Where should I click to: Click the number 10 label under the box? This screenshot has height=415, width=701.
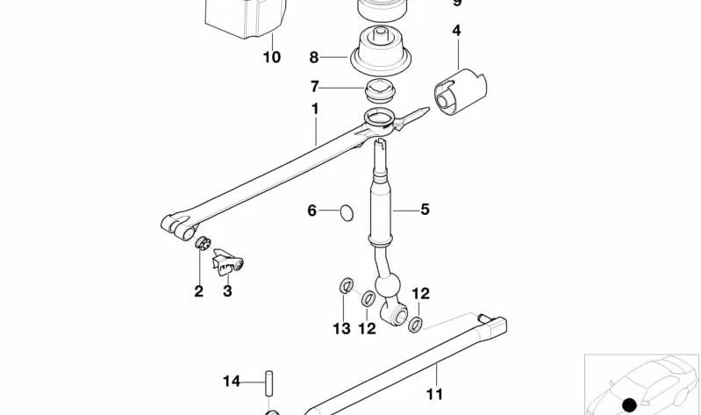tap(272, 58)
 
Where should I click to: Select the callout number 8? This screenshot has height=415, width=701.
tap(314, 58)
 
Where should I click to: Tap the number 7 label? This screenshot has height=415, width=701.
tap(315, 87)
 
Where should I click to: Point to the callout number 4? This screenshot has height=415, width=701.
tap(456, 31)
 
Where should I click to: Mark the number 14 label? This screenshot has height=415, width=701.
tap(231, 381)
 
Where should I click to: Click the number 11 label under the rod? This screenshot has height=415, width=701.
tap(434, 395)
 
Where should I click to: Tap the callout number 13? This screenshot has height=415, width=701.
tap(340, 329)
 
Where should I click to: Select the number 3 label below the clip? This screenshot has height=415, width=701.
tap(227, 291)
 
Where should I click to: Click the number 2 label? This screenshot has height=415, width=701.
tap(199, 291)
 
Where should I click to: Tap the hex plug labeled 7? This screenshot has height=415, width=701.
tap(380, 89)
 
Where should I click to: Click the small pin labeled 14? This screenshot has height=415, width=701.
tap(268, 383)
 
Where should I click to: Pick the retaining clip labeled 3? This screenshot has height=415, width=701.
tap(230, 261)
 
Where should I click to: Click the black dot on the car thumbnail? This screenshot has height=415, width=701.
tap(629, 404)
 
